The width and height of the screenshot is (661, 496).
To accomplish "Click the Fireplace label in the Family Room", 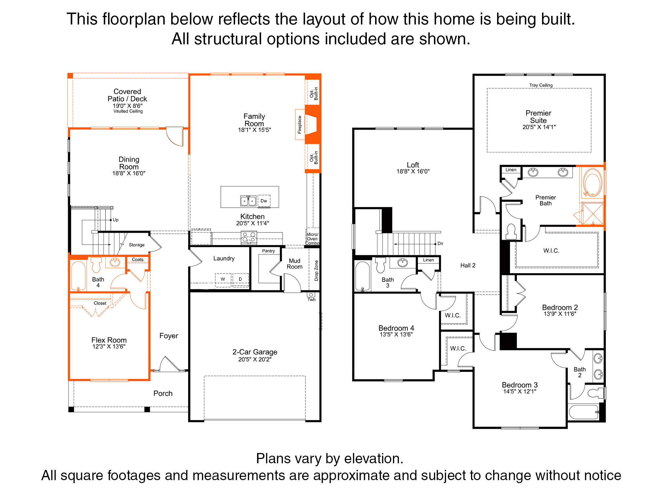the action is point(300,125).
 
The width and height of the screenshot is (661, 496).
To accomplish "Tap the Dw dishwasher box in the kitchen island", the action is point(264,201).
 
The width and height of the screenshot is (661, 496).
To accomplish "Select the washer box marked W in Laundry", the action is point(223,279).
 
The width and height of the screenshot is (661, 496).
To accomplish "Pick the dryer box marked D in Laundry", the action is point(240,279).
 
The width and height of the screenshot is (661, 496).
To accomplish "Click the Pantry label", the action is point(268,251).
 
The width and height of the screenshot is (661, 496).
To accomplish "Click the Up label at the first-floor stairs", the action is point(116,220).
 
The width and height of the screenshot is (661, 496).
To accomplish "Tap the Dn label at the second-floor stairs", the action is point(440,244).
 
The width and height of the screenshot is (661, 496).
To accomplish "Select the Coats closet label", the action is point(138,260).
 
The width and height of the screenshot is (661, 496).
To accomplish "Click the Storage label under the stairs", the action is point(137,245).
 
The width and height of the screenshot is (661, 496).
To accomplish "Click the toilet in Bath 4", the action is point(96,265).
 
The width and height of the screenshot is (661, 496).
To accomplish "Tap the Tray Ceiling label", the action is point(541,85).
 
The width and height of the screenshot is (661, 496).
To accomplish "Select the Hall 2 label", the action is point(468,266).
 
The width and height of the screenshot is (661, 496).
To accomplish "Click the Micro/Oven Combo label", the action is point(312,239).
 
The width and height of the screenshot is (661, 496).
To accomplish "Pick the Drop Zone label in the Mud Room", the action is point(316,270).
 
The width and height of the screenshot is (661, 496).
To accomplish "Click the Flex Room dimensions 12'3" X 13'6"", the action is point(109,347).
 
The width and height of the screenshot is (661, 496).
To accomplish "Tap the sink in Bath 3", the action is point(403,263).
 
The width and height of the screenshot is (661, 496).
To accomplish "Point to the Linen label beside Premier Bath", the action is point(511,170).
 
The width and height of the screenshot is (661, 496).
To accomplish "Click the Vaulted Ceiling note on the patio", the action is point(128,111).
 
